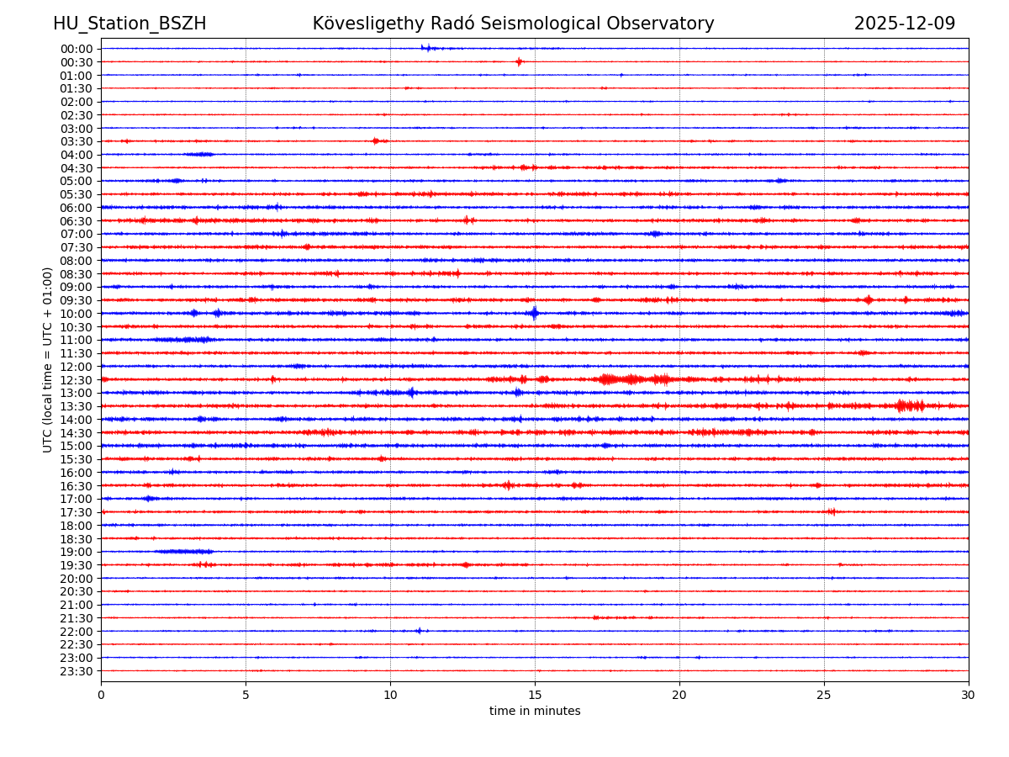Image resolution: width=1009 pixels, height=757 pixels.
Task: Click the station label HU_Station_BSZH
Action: (129, 24)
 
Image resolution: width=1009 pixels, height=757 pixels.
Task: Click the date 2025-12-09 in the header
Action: (905, 24)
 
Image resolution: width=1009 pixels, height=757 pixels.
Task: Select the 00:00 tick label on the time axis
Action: (77, 49)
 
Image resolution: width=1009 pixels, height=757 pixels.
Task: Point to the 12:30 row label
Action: (77, 380)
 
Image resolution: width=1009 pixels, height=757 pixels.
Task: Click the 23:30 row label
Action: (77, 671)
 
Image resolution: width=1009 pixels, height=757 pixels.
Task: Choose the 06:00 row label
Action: (77, 208)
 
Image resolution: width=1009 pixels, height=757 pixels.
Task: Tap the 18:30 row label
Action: (77, 539)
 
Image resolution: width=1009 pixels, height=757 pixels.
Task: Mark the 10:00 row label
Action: (77, 314)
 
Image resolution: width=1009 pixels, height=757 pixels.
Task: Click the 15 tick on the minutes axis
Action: (535, 696)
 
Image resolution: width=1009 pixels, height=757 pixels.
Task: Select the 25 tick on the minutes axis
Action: (824, 696)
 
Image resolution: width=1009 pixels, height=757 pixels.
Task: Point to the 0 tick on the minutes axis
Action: (101, 696)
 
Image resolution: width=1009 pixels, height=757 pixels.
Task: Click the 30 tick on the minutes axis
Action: (969, 696)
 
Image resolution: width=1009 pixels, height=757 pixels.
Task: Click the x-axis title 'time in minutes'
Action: (535, 712)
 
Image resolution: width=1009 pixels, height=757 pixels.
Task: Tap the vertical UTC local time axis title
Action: (48, 359)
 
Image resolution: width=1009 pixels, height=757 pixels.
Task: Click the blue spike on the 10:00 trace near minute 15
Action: (534, 314)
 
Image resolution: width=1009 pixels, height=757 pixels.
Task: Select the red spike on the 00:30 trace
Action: (519, 61)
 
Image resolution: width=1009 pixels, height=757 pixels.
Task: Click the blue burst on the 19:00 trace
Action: (185, 552)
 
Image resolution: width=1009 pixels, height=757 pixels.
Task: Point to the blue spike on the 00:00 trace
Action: (427, 48)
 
